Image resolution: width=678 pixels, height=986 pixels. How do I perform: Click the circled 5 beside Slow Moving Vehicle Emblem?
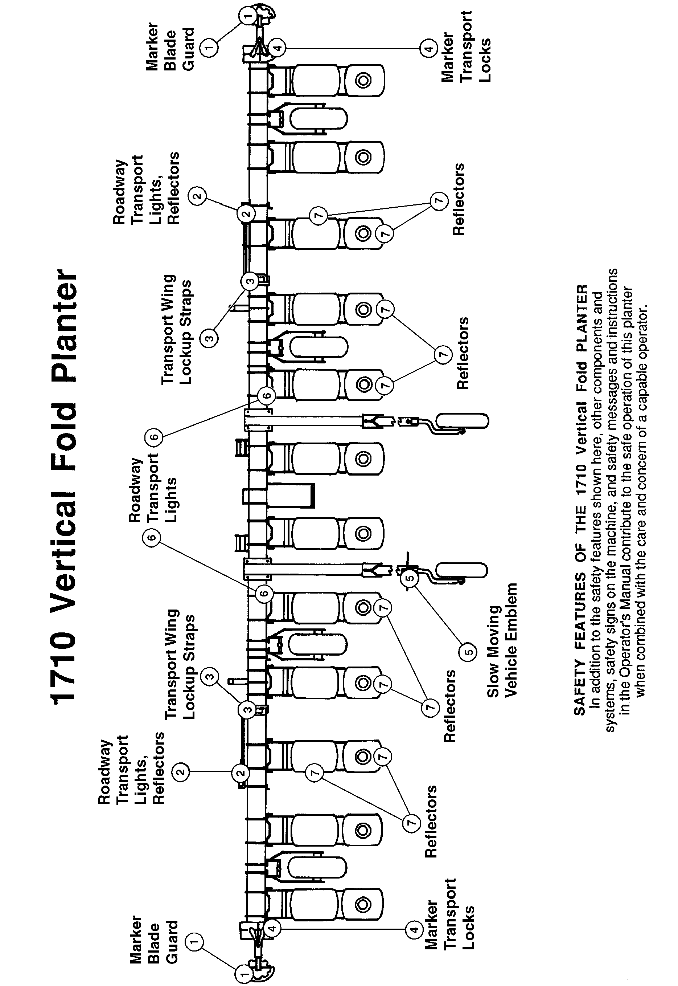467,652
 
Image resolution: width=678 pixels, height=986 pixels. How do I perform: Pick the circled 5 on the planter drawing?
410,578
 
